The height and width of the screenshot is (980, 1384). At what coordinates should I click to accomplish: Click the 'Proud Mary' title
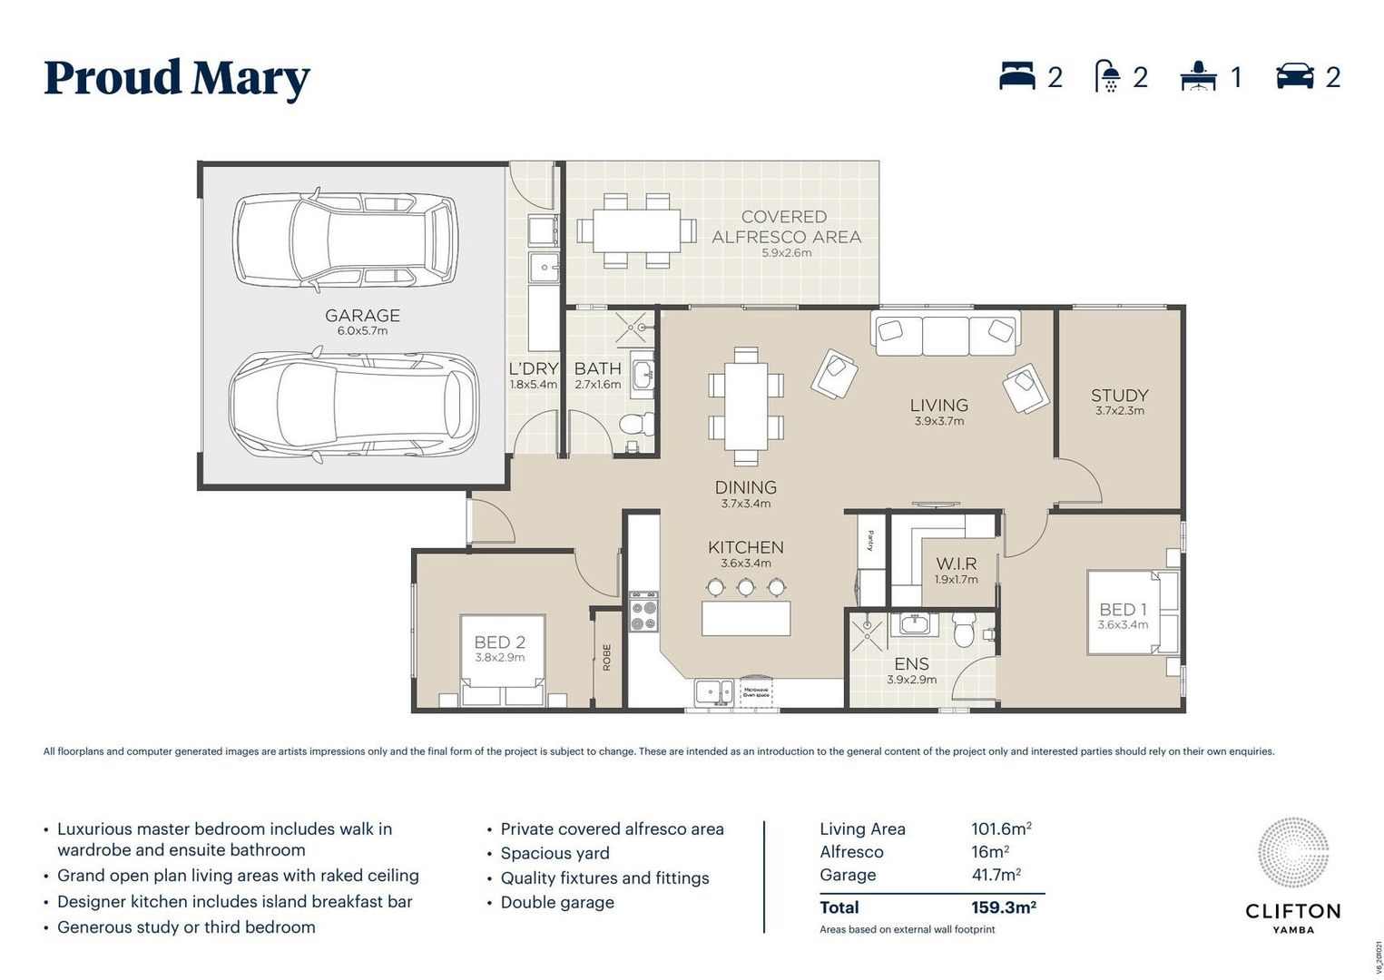[x=177, y=78]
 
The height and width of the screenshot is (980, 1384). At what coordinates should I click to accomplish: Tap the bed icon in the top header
[x=1016, y=76]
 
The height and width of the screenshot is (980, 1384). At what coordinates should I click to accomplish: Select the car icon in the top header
[x=1294, y=76]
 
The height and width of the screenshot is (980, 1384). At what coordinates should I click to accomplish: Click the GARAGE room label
[x=362, y=316]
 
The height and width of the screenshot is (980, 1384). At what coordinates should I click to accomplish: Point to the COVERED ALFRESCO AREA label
[x=786, y=227]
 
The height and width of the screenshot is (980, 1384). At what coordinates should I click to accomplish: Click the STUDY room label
[x=1119, y=396]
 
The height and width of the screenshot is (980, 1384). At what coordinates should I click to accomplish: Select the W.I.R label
[x=957, y=563]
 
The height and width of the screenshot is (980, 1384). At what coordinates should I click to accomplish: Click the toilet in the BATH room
[x=636, y=424]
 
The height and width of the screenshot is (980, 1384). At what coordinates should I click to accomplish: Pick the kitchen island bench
[x=746, y=618]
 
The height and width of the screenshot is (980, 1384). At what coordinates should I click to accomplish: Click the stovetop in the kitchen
[x=644, y=614]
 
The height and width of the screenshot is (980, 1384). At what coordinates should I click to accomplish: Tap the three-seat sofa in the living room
[x=945, y=333]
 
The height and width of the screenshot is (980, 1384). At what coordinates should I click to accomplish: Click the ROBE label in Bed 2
[x=606, y=657]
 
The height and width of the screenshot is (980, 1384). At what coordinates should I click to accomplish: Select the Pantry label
[x=870, y=540]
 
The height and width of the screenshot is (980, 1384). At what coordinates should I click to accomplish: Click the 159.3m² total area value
[x=1003, y=906]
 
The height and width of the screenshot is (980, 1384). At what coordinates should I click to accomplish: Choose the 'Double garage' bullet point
[x=557, y=902]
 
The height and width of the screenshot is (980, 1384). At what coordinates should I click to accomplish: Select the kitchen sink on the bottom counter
[x=713, y=692]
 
